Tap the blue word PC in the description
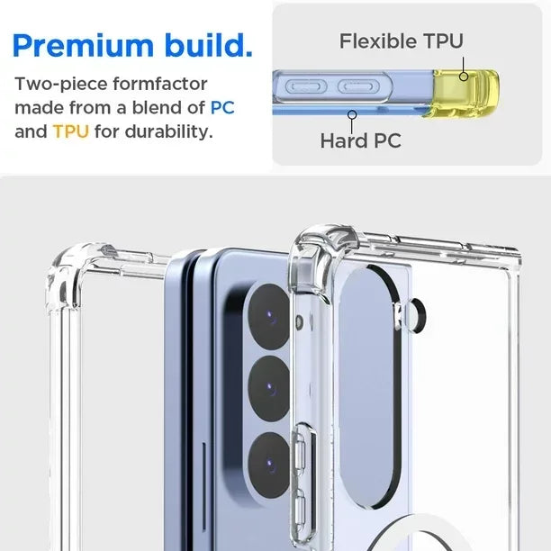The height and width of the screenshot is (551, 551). click(222, 108)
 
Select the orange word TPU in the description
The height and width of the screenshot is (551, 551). click(70, 131)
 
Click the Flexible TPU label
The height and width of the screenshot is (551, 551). click(401, 41)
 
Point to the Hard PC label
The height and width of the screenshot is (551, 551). click(360, 140)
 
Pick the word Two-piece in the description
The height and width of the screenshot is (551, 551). click(55, 85)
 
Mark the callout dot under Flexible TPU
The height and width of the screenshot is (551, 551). click(463, 77)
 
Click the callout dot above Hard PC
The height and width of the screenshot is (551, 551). click(353, 114)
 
